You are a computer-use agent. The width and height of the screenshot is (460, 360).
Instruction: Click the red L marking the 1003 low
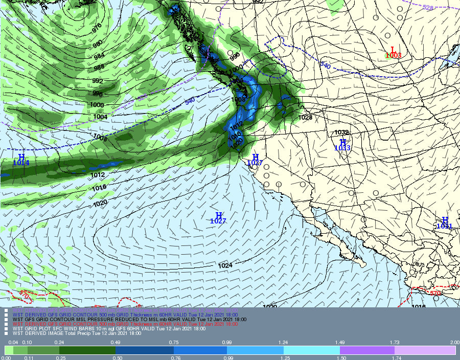[x=393, y=50]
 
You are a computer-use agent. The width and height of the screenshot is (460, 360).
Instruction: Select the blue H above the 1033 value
[x=343, y=142]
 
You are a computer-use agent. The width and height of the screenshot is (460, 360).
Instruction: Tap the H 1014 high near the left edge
[x=21, y=157]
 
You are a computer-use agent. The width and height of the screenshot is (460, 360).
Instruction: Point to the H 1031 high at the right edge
[x=445, y=220]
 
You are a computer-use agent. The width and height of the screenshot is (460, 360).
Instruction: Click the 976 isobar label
[x=97, y=29]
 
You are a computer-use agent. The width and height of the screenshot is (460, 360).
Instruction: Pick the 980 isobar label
[x=98, y=45]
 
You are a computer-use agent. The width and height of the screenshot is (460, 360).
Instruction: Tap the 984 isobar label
[x=98, y=56]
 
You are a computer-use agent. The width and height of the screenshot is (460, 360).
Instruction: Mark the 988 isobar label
[x=98, y=67]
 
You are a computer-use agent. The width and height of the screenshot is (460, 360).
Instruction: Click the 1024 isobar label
[x=225, y=265]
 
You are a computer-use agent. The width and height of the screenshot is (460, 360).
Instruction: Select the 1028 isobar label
[x=305, y=118]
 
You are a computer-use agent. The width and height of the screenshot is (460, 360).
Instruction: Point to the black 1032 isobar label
[x=341, y=132]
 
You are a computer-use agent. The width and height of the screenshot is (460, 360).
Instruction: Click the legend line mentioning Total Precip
[x=77, y=333]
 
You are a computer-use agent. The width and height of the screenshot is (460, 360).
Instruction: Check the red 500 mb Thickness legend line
[x=125, y=324]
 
